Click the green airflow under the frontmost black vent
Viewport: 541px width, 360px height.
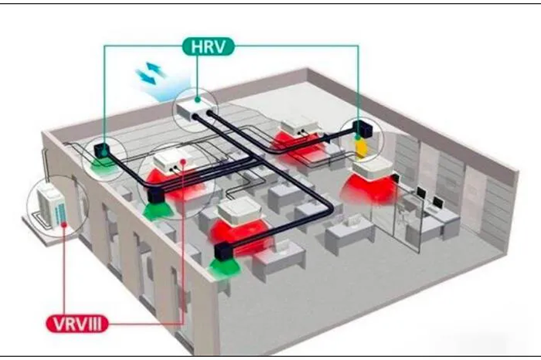coord(223,267)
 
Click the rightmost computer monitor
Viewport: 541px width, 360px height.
coord(437,203)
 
